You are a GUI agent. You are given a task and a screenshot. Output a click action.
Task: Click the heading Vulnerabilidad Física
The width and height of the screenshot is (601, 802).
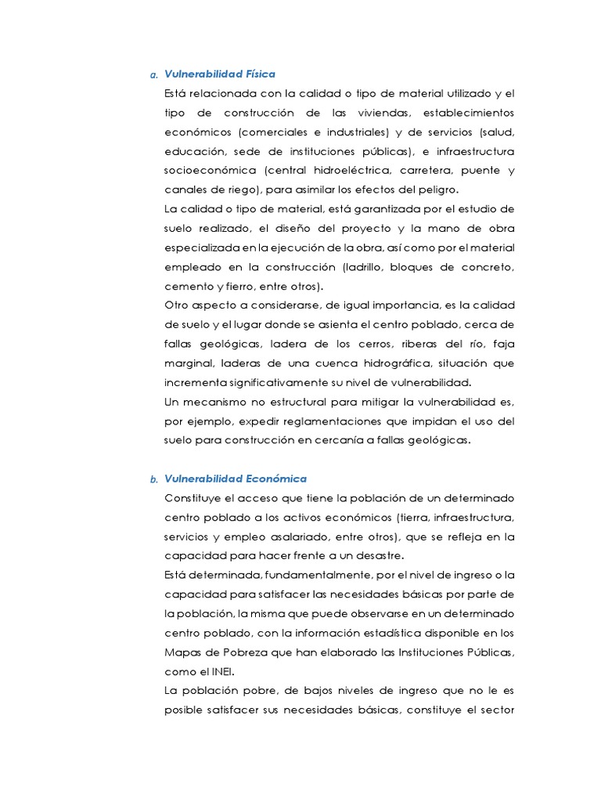click(220, 74)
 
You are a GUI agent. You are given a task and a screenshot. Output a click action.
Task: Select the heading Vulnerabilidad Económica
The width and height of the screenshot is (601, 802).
click(236, 479)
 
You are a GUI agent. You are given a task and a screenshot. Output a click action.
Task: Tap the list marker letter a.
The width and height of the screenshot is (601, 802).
click(153, 75)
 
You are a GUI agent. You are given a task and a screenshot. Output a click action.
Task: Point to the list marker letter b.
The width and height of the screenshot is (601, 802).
click(153, 479)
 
